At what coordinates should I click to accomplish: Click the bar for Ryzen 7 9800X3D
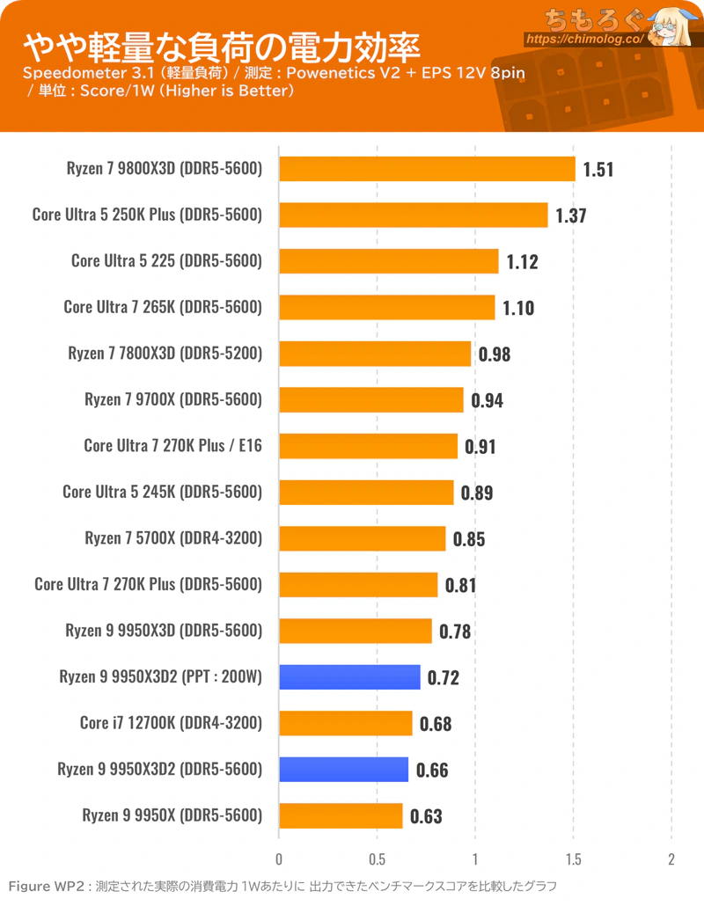click(427, 169)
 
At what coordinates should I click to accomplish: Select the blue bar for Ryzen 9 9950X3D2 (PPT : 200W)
click(349, 677)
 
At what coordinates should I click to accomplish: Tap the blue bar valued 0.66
click(344, 770)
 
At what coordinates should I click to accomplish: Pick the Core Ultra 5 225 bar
click(389, 261)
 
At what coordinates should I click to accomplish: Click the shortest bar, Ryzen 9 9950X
click(341, 816)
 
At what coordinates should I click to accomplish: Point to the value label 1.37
click(571, 216)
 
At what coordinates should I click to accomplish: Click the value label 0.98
click(495, 354)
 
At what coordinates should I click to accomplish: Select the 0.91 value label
click(480, 447)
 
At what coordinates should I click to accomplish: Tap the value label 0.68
click(436, 724)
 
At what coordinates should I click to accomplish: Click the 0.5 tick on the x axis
click(377, 859)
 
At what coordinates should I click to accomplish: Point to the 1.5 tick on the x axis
click(574, 859)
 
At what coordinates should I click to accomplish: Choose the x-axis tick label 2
click(671, 859)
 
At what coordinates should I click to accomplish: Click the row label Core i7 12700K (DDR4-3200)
click(171, 723)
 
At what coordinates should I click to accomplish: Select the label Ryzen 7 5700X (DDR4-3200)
click(173, 538)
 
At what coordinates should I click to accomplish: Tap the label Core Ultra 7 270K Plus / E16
click(172, 445)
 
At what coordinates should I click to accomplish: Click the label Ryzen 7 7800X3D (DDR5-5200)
click(165, 353)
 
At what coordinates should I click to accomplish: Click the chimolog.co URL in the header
click(584, 40)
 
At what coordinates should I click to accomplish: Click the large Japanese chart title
click(222, 47)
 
